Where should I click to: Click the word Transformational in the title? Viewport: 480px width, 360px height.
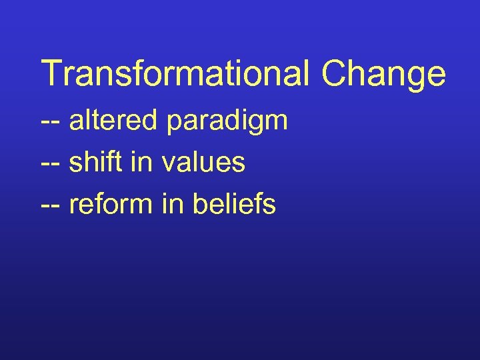click(x=175, y=73)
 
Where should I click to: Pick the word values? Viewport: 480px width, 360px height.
click(x=203, y=163)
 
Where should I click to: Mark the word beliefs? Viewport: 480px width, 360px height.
click(x=233, y=204)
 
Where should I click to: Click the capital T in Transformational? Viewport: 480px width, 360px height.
click(x=51, y=73)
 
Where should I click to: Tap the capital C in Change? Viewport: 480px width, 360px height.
click(x=336, y=73)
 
